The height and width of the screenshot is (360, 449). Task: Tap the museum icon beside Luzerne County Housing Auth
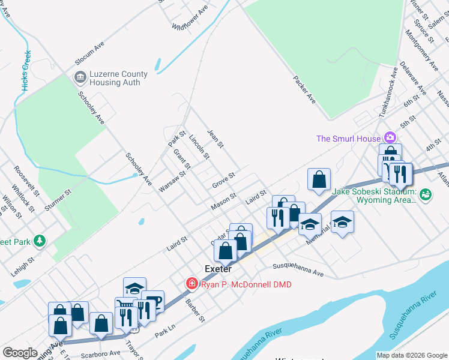coord(79,77)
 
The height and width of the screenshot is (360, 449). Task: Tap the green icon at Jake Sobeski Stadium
coord(426,194)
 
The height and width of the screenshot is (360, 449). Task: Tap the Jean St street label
coord(215,139)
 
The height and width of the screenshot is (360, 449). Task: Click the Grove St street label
coord(223,181)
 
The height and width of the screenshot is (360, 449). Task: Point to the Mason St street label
coord(223,201)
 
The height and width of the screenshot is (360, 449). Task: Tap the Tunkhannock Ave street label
coord(387,92)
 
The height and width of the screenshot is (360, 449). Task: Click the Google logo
coord(20,353)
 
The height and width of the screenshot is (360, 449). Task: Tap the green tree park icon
coord(40,241)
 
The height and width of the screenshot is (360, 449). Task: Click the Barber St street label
coord(195,310)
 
